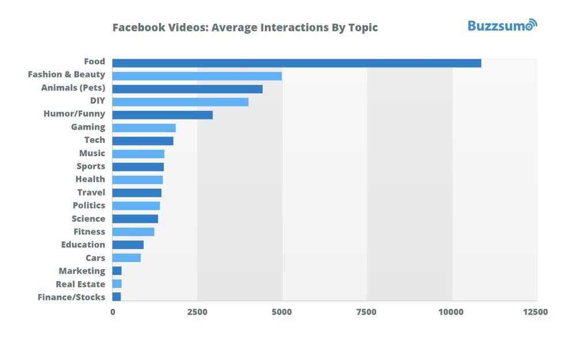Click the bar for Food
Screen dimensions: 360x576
click(x=297, y=63)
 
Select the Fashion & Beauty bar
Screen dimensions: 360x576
click(x=197, y=76)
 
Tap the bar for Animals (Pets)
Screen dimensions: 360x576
click(x=187, y=89)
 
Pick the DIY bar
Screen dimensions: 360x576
click(x=180, y=102)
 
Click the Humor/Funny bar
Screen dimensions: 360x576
click(x=162, y=115)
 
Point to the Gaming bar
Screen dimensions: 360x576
click(x=144, y=128)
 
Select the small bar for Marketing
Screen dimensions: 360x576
click(x=117, y=271)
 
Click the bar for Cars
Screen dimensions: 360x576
click(x=126, y=257)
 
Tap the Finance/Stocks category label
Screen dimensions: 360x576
click(x=71, y=297)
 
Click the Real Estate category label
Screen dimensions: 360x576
click(x=81, y=284)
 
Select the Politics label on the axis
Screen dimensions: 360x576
click(x=89, y=206)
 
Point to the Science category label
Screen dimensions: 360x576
click(x=88, y=219)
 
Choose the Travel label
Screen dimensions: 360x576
click(x=91, y=192)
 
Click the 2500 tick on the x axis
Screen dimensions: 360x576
click(x=197, y=312)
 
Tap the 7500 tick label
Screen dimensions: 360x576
click(x=366, y=312)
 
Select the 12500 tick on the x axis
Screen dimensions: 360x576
click(x=535, y=312)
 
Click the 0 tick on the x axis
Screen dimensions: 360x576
click(x=112, y=312)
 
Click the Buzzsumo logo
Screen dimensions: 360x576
click(x=502, y=25)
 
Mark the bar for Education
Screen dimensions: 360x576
click(x=128, y=245)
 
